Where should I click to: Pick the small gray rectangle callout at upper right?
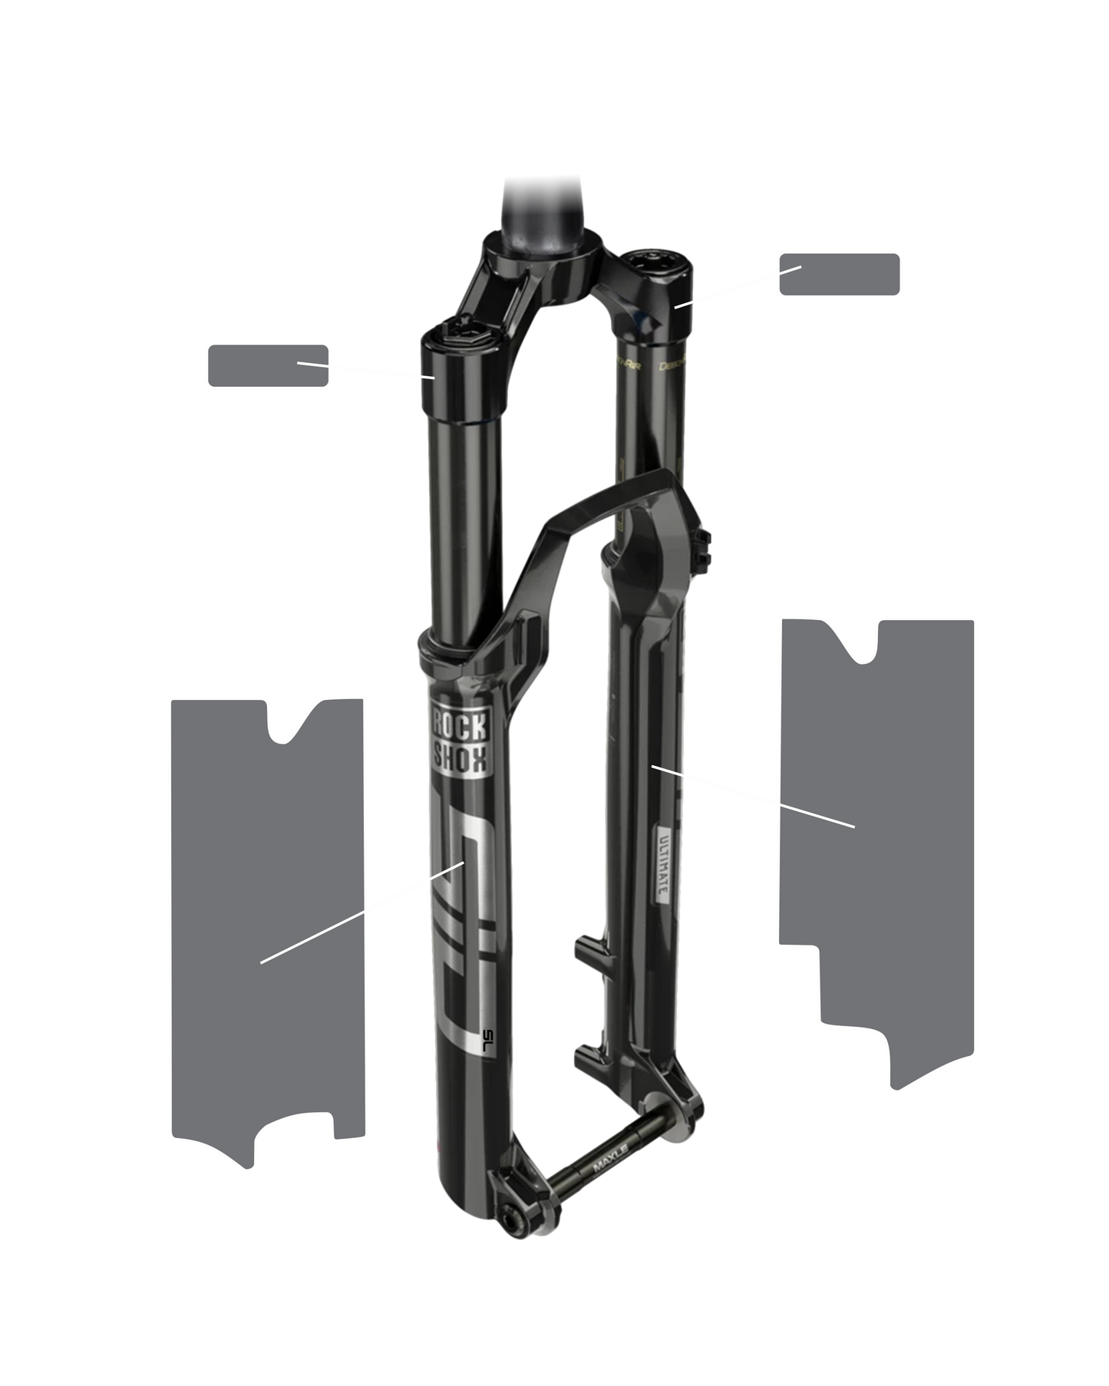(x=839, y=274)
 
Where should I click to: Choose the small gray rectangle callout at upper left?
(x=268, y=365)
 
